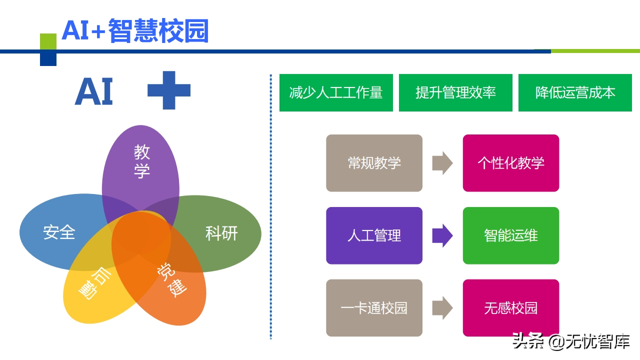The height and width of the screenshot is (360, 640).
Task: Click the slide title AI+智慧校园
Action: (135, 31)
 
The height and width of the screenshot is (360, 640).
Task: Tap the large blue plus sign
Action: (169, 90)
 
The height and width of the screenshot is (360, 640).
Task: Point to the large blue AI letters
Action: (94, 92)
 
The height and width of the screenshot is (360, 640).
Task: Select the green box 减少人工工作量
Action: (336, 93)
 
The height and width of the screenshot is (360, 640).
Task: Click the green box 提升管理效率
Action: (455, 93)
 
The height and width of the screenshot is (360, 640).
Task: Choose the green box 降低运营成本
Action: (575, 93)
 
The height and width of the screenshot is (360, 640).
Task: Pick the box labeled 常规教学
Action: (374, 163)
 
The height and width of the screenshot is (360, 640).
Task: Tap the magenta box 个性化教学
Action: (510, 163)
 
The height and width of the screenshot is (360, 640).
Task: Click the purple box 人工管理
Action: (374, 235)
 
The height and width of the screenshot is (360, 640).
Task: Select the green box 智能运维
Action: (510, 235)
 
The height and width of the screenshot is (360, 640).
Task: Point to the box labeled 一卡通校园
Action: (374, 308)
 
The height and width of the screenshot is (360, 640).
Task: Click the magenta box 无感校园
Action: (510, 308)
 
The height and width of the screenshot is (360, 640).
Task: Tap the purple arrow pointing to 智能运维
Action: (442, 235)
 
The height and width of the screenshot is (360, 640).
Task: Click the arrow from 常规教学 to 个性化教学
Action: (442, 163)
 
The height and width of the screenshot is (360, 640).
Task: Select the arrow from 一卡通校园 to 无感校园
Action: (442, 308)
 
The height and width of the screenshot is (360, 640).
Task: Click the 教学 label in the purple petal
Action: (141, 161)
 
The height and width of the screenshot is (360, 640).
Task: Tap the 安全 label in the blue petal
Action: (59, 232)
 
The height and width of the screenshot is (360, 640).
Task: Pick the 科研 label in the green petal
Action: (221, 233)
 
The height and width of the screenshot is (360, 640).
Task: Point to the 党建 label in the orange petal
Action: (171, 280)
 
